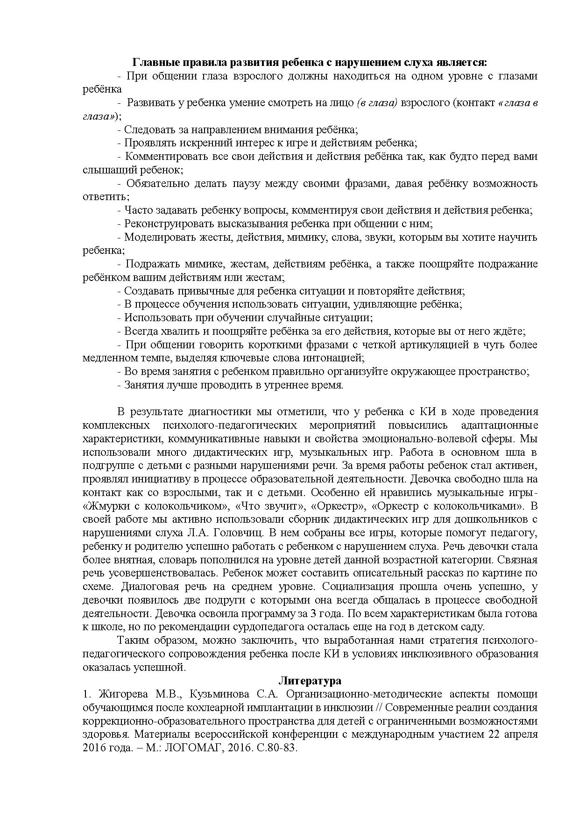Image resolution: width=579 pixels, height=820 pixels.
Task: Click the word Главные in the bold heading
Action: click(156, 62)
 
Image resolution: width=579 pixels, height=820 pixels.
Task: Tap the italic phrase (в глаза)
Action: click(377, 103)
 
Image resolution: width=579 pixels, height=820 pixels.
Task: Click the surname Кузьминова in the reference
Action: click(215, 694)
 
